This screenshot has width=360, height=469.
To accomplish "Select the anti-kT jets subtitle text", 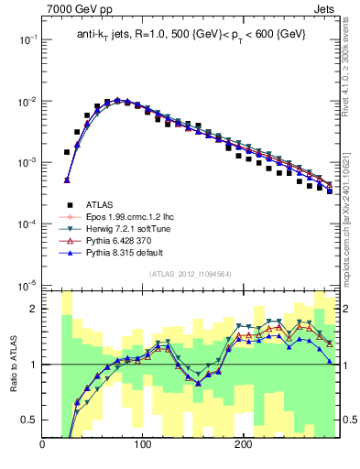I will (x=190, y=34).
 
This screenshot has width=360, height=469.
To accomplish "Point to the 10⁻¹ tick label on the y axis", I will (x=27, y=40).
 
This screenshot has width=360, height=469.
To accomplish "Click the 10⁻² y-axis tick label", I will (x=27, y=102).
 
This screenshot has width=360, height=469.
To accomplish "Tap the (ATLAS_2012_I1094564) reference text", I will (x=190, y=273).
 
